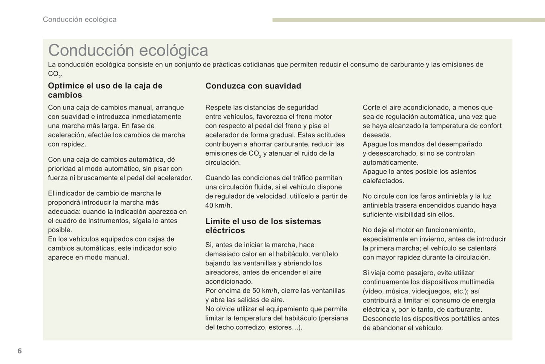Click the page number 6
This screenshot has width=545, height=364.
pos(20,351)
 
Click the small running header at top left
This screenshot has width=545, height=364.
pos(80,20)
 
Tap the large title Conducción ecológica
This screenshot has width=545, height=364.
pos(128,50)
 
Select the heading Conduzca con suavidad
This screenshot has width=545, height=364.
pos(253,86)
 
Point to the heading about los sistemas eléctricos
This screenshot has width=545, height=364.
pos(263,226)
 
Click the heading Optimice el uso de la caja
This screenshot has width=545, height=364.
pos(105,90)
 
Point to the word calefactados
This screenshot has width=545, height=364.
pos(383,181)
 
